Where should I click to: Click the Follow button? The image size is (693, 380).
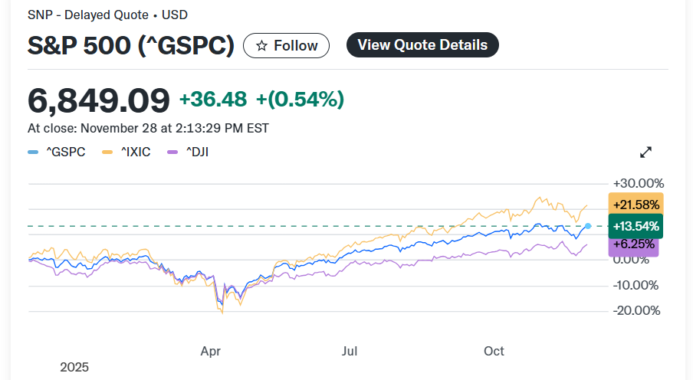[286, 46]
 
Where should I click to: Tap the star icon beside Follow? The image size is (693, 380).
[261, 46]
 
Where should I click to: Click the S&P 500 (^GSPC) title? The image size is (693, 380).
[131, 46]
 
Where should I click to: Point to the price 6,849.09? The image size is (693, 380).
[99, 100]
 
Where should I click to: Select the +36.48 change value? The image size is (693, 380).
[213, 100]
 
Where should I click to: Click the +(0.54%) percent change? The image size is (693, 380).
[300, 100]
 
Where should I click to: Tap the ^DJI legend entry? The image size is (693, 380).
[188, 152]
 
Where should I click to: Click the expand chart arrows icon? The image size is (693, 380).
[645, 152]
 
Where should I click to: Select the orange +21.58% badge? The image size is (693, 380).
[636, 205]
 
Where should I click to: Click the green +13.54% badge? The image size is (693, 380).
[636, 226]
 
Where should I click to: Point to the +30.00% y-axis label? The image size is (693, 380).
[639, 184]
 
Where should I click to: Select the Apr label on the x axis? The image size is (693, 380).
[211, 351]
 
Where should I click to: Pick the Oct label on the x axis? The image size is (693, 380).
[494, 351]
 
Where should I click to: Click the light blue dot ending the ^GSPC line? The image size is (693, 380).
[588, 226]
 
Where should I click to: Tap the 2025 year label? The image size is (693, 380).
[74, 367]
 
